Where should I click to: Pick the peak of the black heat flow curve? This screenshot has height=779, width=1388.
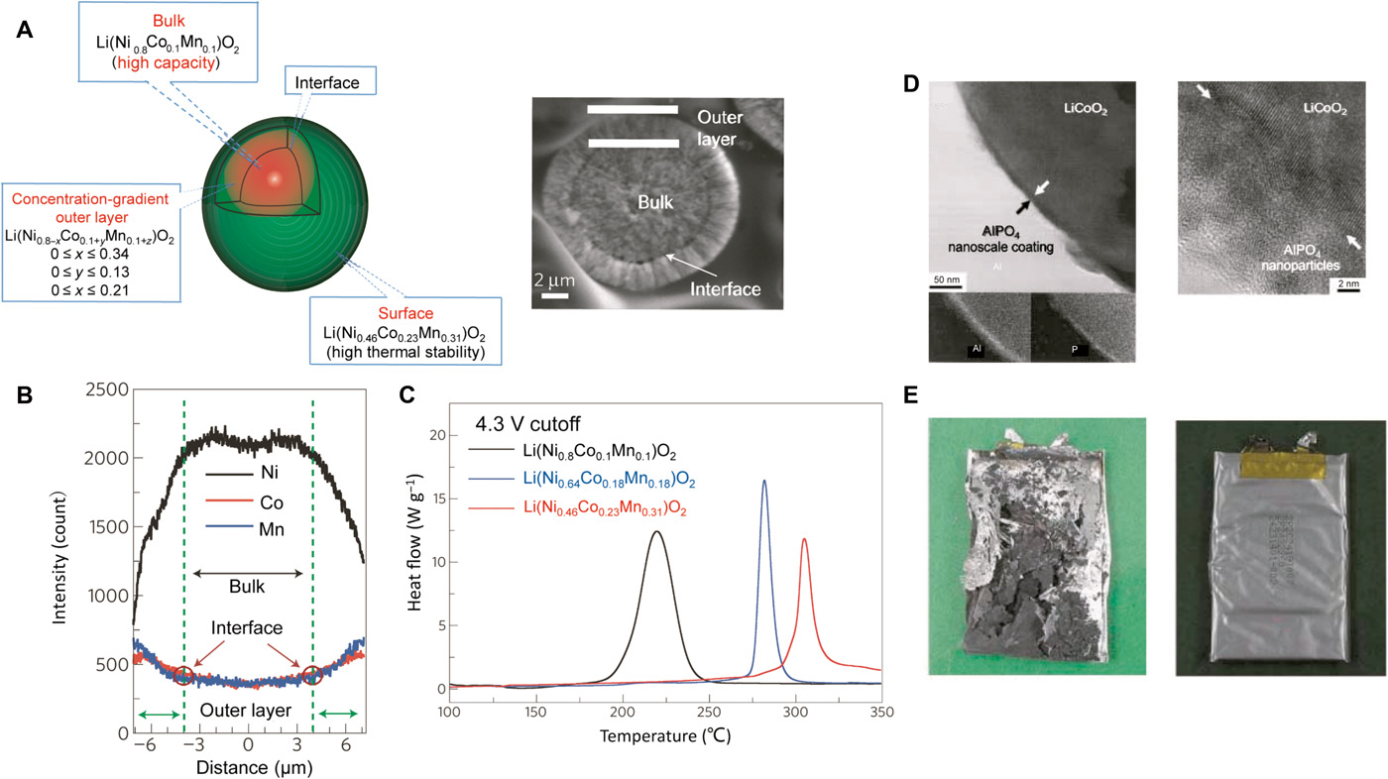[x=655, y=532]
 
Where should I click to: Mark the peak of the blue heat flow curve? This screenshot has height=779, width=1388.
[x=764, y=482]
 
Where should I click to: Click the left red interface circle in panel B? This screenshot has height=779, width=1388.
[x=183, y=676]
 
